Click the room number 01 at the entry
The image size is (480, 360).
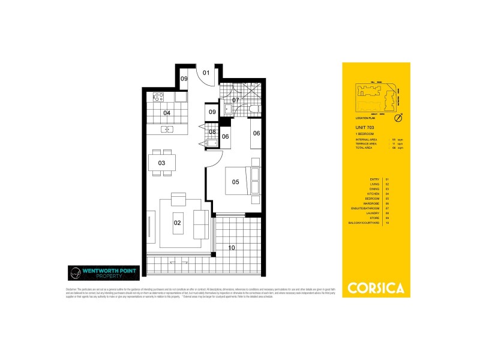(x=205, y=73)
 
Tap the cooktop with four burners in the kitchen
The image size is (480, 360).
(x=160, y=96)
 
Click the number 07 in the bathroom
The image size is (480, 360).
(x=236, y=100)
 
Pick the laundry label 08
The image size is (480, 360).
(x=212, y=131)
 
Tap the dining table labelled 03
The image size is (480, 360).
(x=162, y=163)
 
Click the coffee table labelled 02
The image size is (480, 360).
(x=178, y=222)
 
